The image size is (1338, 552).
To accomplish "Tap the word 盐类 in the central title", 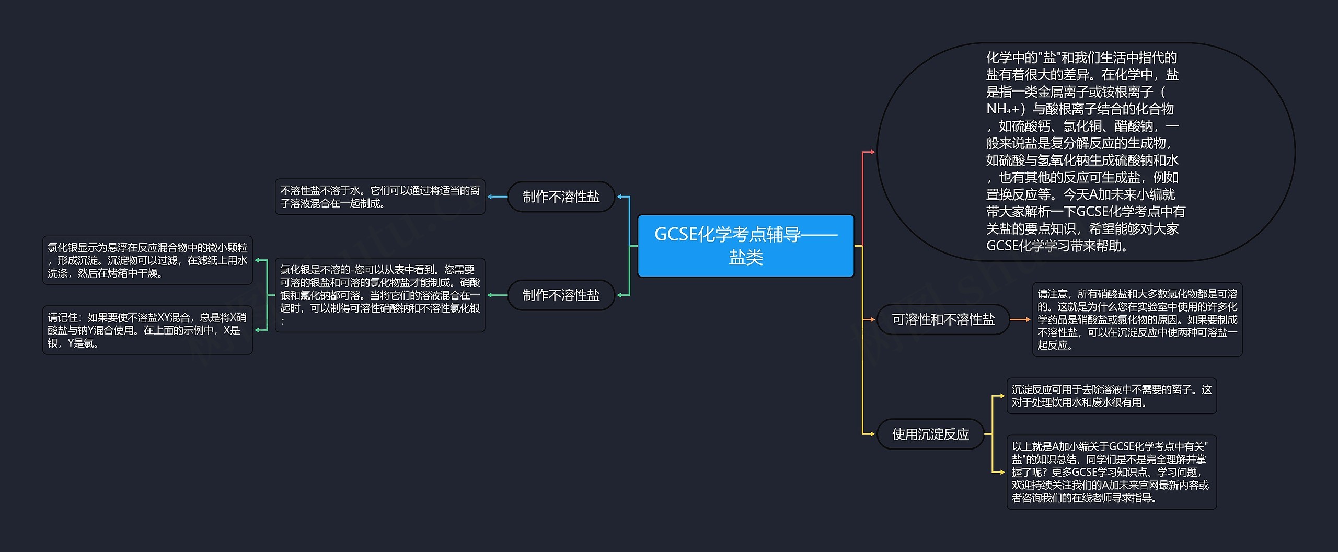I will [x=746, y=258].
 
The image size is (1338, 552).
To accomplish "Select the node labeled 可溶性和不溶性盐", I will [x=943, y=319].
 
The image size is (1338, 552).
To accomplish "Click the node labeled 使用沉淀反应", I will [x=930, y=434].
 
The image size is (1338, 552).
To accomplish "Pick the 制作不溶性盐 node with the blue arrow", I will [x=561, y=197].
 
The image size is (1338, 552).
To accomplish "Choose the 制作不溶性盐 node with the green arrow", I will [x=561, y=295].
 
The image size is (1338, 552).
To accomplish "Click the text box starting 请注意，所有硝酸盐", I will [x=1137, y=319].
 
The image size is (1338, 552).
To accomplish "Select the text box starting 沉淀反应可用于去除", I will [x=1111, y=396].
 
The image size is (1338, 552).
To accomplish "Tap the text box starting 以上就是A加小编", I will [x=1111, y=471].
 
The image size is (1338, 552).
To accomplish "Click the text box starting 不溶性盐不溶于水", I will [x=380, y=197].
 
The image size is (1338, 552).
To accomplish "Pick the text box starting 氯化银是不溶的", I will [x=380, y=295].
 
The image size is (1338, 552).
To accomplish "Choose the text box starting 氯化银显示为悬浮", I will [x=147, y=260].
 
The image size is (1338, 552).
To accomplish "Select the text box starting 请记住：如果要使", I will [x=147, y=330].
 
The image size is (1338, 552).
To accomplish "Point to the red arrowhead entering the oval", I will [x=871, y=152].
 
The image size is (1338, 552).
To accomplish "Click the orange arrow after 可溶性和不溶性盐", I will [x=1020, y=319].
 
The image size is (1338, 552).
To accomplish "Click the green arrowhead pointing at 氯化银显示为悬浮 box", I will [x=258, y=260].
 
